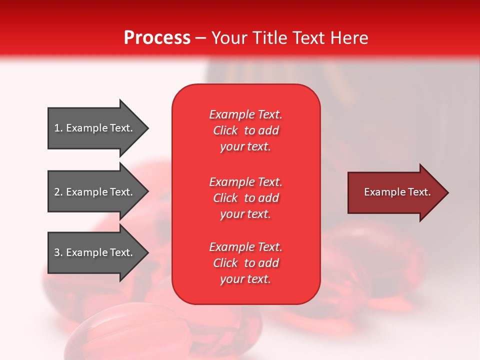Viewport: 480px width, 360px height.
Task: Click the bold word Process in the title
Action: coord(157,38)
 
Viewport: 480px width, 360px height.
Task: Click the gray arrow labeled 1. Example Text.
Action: coord(95,128)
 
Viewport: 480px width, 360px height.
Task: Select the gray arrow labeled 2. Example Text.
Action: coord(95,192)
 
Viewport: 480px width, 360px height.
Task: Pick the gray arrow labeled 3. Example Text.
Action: coord(95,252)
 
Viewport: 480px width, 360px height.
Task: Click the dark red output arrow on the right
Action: coord(395,192)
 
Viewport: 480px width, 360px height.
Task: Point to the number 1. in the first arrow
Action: coord(58,128)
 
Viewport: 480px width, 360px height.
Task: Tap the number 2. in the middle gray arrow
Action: coord(58,192)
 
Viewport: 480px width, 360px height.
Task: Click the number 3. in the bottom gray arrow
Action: coord(58,252)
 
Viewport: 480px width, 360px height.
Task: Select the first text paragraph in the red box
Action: coord(245,130)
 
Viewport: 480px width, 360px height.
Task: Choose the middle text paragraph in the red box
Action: coord(245,198)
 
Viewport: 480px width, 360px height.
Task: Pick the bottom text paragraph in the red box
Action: coord(245,263)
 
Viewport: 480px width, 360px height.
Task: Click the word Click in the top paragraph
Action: coord(225,130)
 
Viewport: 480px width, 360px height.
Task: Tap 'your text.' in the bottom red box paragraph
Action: coord(245,279)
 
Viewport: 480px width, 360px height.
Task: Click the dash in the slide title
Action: coord(200,38)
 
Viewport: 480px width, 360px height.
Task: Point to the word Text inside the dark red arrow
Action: coord(419,192)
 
